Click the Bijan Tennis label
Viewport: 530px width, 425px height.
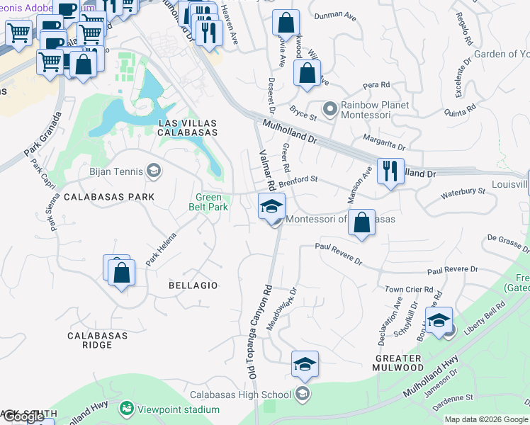[x=116, y=171]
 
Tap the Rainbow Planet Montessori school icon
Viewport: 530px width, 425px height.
[x=329, y=109]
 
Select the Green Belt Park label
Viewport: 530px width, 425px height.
[x=208, y=203]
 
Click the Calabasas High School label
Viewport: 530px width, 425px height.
[x=240, y=395]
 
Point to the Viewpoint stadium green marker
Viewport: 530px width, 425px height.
[x=126, y=408]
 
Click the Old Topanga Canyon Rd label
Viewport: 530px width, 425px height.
[x=257, y=333]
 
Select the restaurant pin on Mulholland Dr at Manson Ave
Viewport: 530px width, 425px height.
[x=390, y=171]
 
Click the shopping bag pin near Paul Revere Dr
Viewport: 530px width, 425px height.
[x=361, y=222]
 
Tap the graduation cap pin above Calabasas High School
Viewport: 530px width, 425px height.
[x=305, y=364]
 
